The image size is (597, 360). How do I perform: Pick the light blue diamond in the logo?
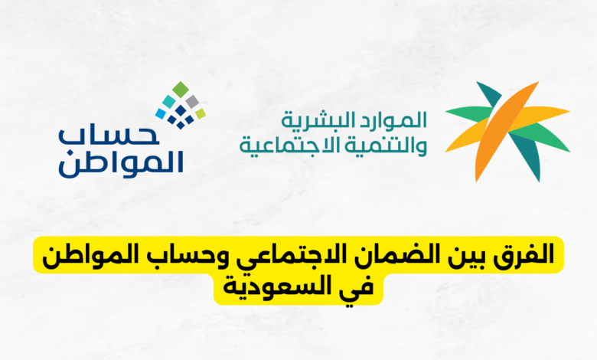click(160, 113)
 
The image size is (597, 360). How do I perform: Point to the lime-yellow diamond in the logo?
click(201, 113)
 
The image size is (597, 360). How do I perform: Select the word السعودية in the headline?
click(285, 289)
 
